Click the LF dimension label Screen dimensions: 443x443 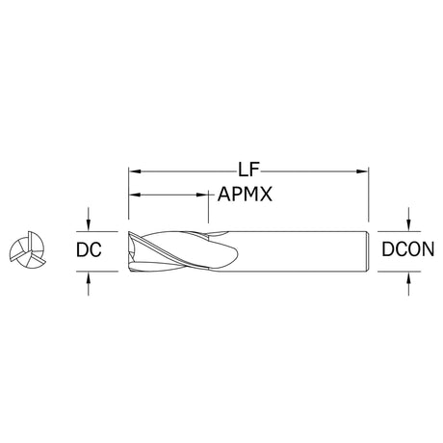(x=248, y=169)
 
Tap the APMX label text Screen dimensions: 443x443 (x=245, y=194)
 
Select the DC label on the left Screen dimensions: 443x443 (x=89, y=249)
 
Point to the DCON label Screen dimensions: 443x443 (x=408, y=249)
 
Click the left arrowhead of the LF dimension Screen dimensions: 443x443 (x=135, y=171)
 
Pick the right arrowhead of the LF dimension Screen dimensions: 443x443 (x=362, y=171)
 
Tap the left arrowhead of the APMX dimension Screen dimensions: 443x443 (x=135, y=195)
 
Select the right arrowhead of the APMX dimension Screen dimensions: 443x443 (x=202, y=195)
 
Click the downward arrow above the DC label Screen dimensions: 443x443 (x=89, y=220)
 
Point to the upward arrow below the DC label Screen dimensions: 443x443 (x=89, y=283)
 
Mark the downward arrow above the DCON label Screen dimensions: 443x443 (x=408, y=220)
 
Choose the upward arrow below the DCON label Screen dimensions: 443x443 (x=408, y=283)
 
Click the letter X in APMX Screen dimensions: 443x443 (x=266, y=195)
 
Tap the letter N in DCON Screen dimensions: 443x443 (x=429, y=249)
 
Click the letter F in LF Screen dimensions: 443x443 (x=254, y=169)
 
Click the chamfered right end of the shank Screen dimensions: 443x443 (x=367, y=251)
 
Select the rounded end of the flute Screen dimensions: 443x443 (x=235, y=254)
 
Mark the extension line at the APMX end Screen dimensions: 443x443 (x=209, y=206)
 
